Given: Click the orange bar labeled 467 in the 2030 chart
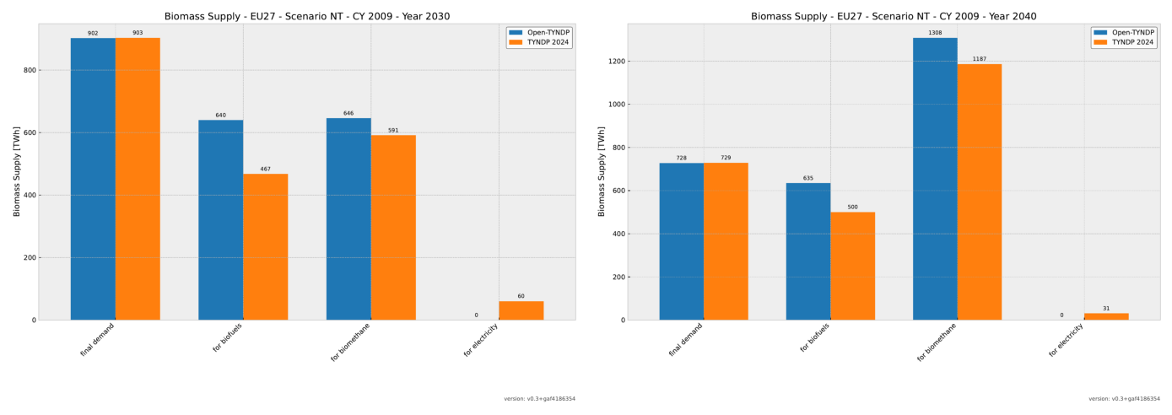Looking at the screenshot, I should coord(265,246).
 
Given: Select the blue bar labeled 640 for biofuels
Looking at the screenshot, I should coord(221,219).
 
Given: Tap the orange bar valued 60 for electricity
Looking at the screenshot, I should coord(521,310).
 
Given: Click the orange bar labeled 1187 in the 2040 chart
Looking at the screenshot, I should coord(979,191).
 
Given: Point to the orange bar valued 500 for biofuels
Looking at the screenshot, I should coord(852,266).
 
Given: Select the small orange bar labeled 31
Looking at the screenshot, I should coord(1105,316).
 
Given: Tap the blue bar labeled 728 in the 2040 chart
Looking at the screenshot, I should coord(681,241).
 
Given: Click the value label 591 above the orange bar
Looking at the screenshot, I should coord(393,131).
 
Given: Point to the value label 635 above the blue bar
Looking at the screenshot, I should coord(807,178).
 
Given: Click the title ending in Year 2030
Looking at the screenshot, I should coord(307,16).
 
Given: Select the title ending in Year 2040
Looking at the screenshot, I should coord(894,16).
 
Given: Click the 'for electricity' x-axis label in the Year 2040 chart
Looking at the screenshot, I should coord(1067,340).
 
